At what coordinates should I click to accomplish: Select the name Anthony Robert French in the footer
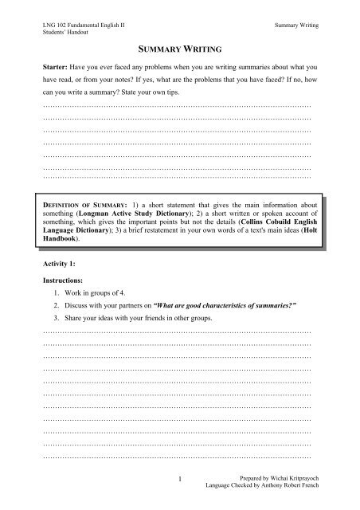(x=284, y=484)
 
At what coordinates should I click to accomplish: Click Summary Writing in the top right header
(x=295, y=26)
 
